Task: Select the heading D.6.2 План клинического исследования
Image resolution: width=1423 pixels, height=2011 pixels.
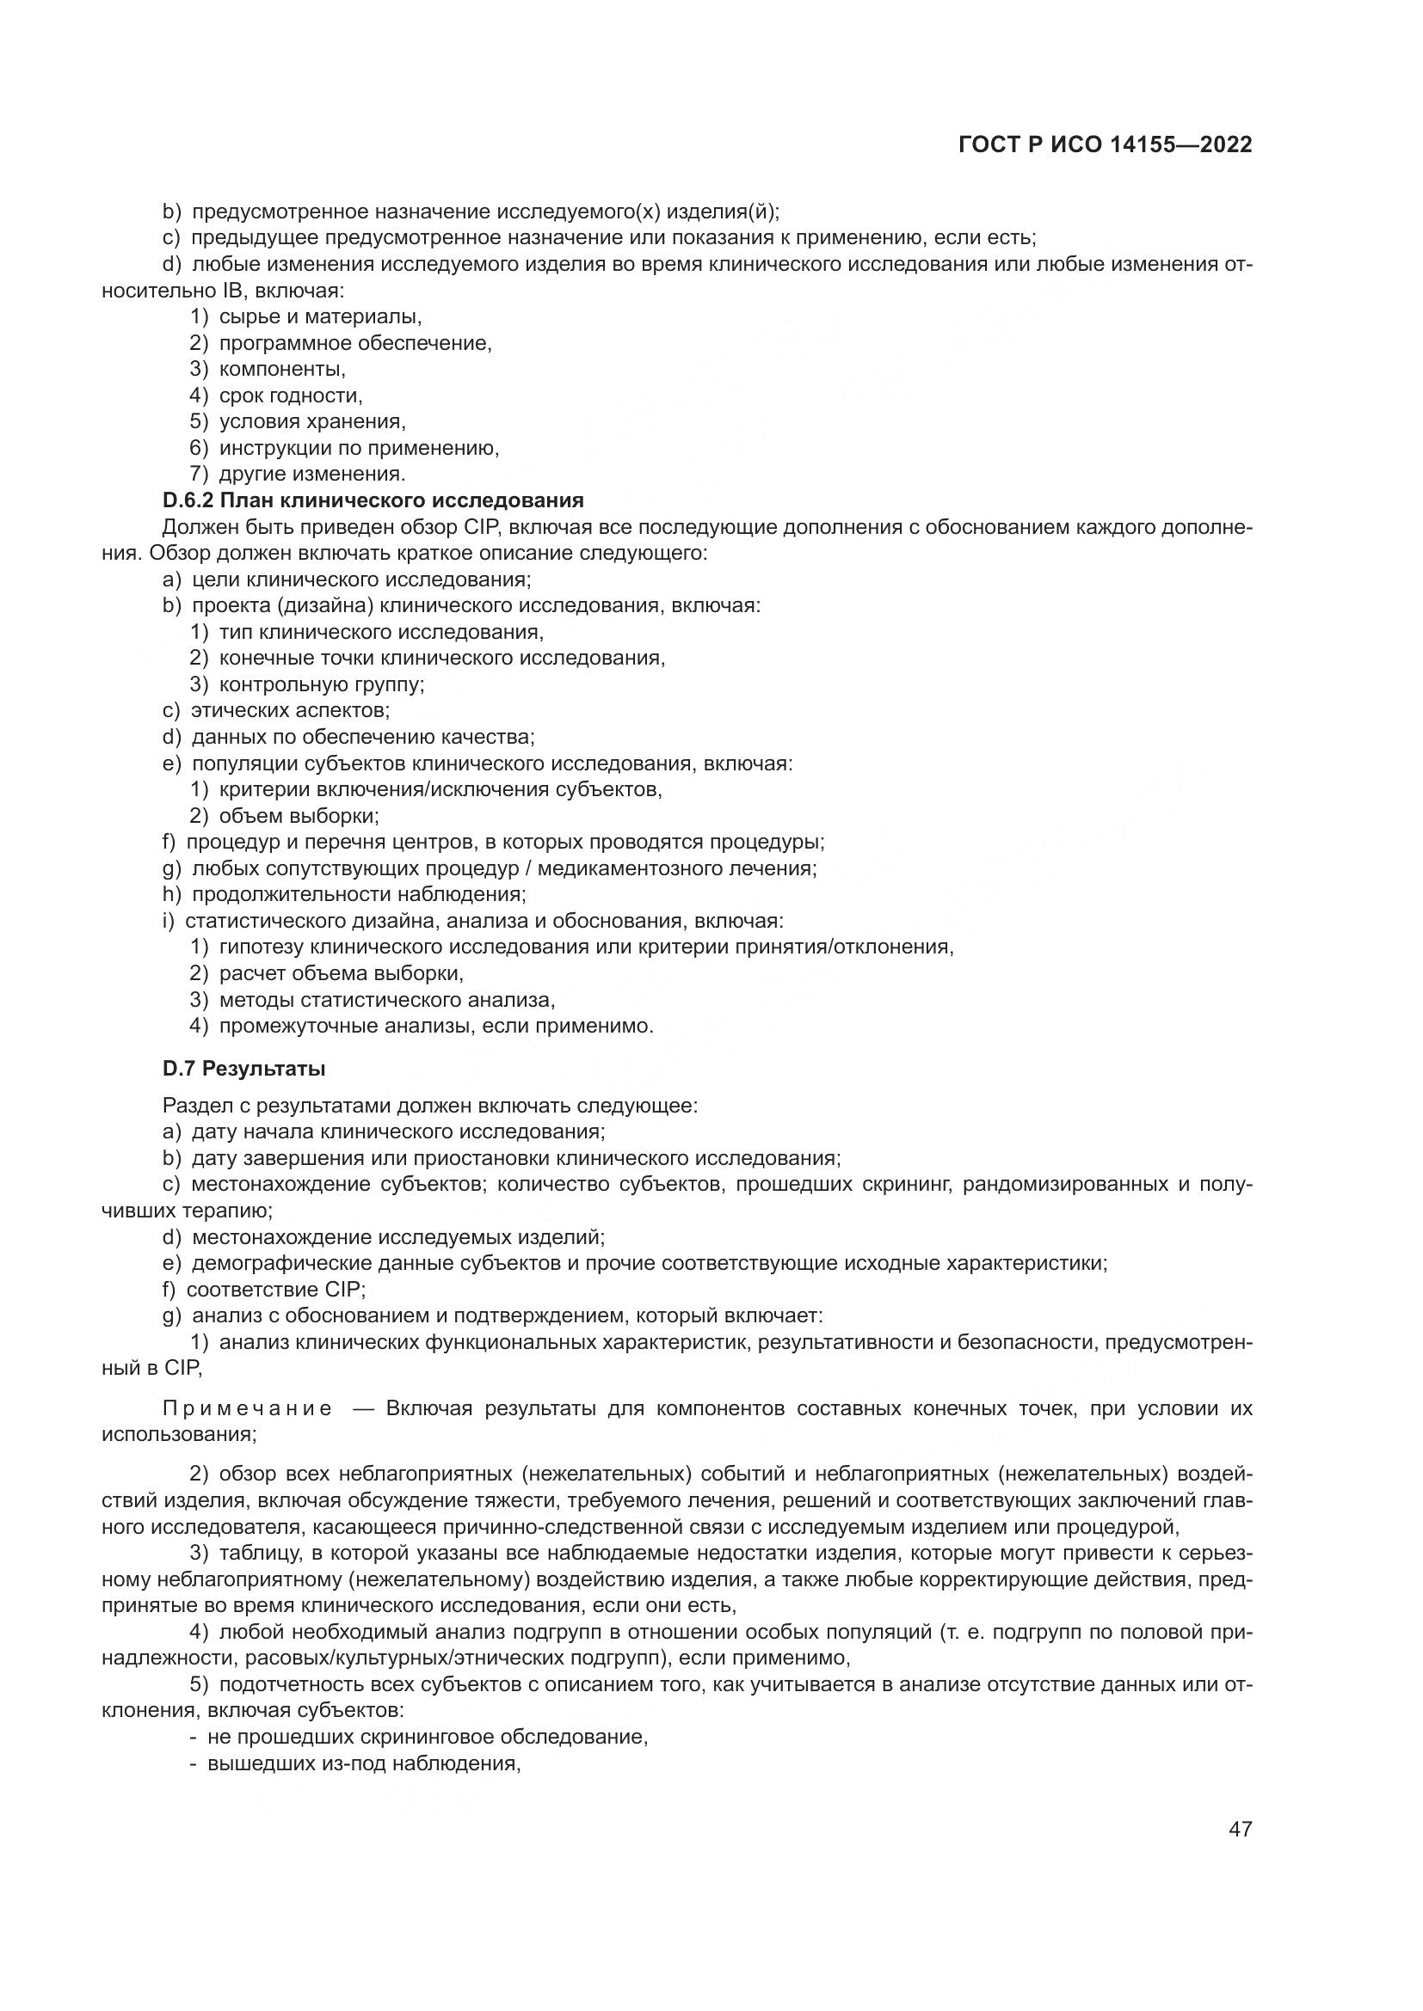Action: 373,500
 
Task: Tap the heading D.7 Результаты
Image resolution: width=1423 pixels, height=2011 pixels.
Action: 243,1069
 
